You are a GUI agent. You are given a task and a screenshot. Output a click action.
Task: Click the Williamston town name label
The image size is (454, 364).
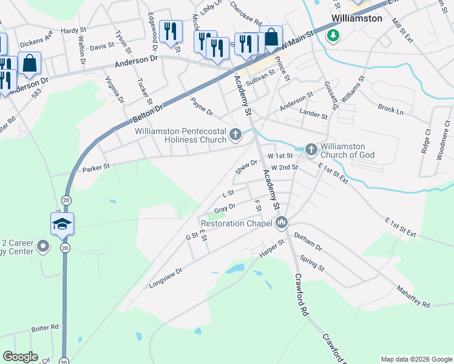click(356, 18)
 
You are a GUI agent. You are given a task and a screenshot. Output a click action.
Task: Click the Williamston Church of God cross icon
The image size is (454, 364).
click(311, 149)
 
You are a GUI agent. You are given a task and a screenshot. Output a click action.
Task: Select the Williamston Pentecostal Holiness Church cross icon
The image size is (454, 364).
click(235, 133)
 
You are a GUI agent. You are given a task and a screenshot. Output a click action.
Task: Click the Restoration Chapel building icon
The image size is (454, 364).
click(281, 224)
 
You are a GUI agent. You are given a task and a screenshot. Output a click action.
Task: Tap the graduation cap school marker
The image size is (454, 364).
click(62, 224)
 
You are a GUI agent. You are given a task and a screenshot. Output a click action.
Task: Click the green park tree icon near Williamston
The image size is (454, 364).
click(333, 35)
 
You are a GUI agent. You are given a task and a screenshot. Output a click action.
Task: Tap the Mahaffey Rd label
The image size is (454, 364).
click(413, 296)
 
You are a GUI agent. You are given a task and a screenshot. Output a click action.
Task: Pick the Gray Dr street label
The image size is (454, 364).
click(225, 209)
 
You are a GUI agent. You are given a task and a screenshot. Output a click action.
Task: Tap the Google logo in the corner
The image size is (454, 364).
click(20, 357)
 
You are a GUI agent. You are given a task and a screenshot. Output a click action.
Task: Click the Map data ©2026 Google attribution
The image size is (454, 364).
click(416, 359)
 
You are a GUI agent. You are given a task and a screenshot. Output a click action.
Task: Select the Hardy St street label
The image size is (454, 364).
click(70, 30)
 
